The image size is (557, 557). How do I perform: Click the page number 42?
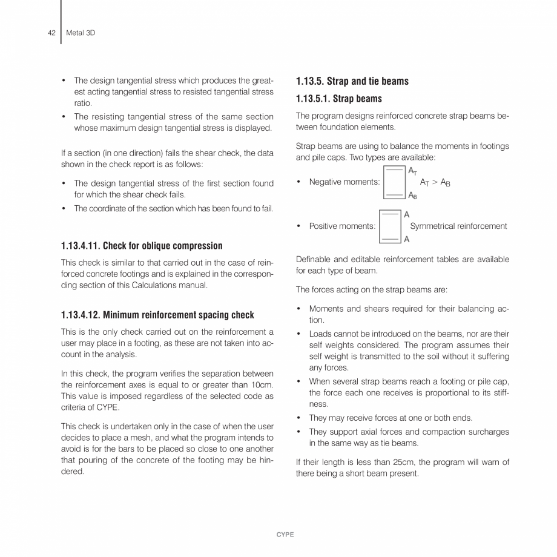tap(51, 33)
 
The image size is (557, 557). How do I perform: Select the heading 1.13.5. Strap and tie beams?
tap(352, 81)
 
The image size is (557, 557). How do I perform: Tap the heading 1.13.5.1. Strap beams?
tap(338, 99)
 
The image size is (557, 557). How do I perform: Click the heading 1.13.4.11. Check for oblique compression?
tap(142, 246)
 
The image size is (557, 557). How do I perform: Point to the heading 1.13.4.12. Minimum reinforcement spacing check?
tap(157, 315)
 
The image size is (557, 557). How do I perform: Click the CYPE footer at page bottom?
tap(285, 535)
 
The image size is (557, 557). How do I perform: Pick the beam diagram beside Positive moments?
tap(389, 226)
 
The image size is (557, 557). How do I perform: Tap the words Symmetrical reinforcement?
tap(458, 226)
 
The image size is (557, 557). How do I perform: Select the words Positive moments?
tap(342, 226)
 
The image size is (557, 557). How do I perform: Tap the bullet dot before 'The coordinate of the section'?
tap(64, 209)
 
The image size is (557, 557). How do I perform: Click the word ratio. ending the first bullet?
tap(82, 104)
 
